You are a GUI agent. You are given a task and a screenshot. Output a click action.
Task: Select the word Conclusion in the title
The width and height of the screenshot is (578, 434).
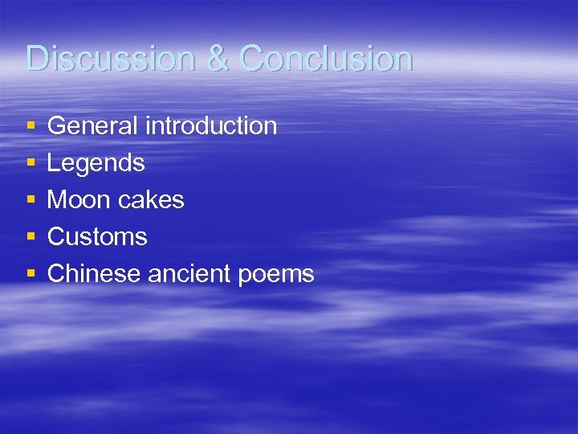click(326, 59)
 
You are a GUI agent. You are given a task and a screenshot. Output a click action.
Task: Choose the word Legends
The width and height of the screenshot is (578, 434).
click(96, 164)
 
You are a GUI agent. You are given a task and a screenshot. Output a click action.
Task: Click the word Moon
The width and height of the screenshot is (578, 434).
click(79, 200)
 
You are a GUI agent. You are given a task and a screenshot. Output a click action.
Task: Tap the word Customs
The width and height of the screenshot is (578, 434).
click(97, 237)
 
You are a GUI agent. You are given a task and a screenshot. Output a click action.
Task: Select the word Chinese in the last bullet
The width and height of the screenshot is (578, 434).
click(94, 274)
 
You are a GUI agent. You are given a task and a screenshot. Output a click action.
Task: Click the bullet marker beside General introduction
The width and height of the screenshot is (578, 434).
click(31, 127)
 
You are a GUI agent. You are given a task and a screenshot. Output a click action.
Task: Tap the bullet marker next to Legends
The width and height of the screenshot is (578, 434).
click(31, 164)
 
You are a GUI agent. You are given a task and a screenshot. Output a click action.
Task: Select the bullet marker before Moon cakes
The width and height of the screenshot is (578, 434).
click(31, 201)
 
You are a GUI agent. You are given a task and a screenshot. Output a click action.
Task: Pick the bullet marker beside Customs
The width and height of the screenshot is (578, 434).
click(31, 238)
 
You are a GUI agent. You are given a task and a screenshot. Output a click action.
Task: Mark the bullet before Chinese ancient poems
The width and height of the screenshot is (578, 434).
click(31, 275)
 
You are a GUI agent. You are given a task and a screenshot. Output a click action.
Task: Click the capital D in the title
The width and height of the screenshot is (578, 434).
click(36, 59)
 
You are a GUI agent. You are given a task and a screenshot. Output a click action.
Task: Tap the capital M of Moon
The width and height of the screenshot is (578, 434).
click(57, 200)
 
